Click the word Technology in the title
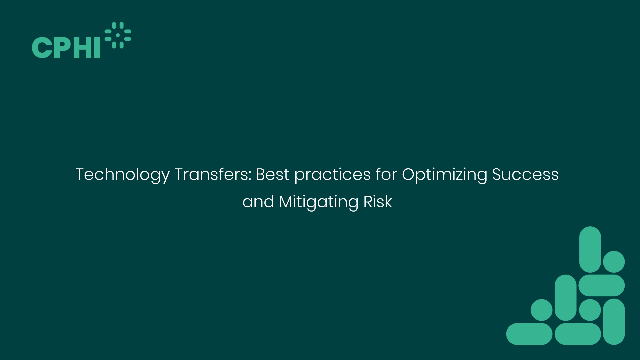click(122, 175)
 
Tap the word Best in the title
click(272, 174)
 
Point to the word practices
click(332, 175)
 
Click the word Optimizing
click(444, 175)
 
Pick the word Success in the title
click(525, 174)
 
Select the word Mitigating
click(318, 202)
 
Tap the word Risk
click(378, 202)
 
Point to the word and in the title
click(258, 202)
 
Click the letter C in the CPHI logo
click(42, 48)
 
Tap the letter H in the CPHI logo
click(82, 48)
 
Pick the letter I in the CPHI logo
click(97, 48)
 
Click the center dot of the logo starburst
click(118, 35)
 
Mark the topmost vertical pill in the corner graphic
click(590, 249)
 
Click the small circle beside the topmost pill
click(614, 262)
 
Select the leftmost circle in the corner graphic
click(541, 310)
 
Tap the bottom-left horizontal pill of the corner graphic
click(529, 334)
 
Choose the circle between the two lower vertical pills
click(590, 310)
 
